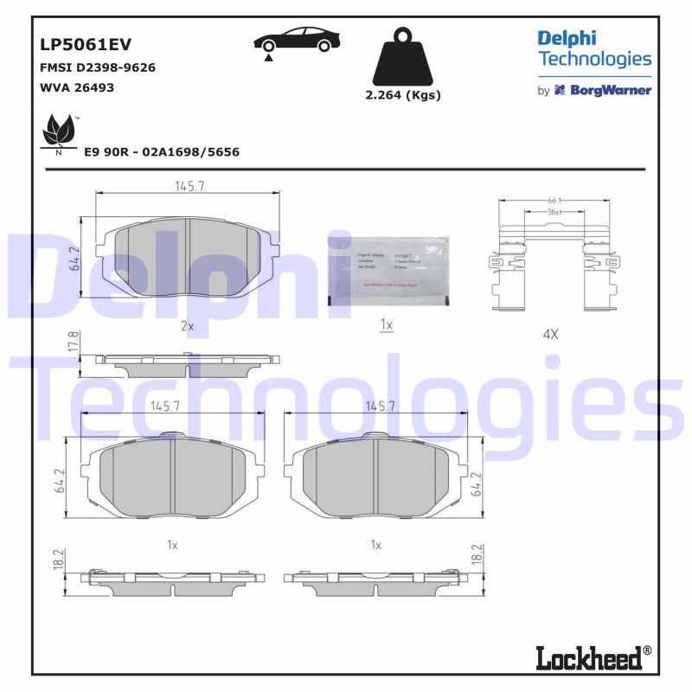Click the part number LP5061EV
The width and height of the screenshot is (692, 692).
click(86, 45)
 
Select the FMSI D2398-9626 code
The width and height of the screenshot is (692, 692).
click(98, 67)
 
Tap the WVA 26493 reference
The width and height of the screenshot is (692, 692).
click(77, 87)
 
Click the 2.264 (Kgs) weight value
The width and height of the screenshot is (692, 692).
click(403, 95)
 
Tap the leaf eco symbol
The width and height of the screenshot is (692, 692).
click(59, 132)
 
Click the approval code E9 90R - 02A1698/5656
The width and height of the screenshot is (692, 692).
click(162, 151)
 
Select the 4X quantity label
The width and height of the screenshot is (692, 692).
click(550, 333)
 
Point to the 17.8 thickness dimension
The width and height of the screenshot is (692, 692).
click(74, 341)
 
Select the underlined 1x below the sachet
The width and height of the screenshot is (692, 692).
click(387, 325)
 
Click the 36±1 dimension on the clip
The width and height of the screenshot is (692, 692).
click(554, 212)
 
